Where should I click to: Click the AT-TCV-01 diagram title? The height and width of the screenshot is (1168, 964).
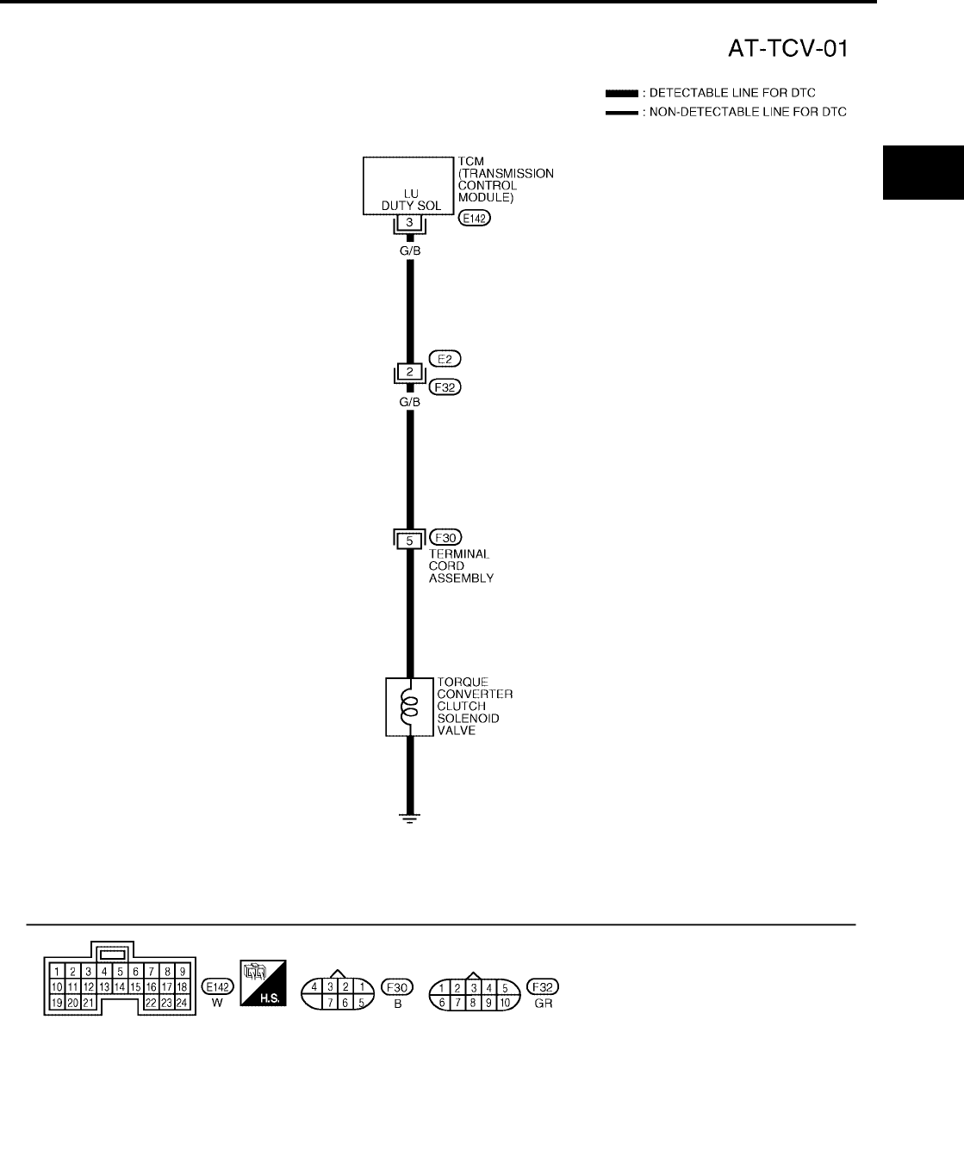tap(787, 48)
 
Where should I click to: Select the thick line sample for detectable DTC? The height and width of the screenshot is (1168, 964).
tap(620, 93)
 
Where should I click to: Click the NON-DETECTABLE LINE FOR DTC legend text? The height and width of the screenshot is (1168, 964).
tap(748, 112)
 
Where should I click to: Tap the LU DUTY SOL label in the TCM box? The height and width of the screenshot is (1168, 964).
tap(411, 200)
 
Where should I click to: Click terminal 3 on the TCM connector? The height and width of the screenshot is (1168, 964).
tap(410, 222)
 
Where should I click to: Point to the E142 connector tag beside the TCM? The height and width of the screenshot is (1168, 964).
tap(474, 219)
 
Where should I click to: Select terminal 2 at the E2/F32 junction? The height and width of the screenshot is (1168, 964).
tap(410, 373)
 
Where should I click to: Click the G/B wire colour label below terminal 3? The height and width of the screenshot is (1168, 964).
tap(410, 250)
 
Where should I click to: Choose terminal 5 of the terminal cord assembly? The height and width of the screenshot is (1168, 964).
tap(410, 541)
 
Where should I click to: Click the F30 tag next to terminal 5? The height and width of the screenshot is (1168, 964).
tap(445, 539)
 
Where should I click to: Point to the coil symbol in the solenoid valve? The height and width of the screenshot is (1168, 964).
tap(410, 707)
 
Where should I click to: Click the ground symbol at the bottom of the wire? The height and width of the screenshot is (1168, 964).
tap(410, 819)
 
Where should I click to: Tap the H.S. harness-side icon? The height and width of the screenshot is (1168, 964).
tap(263, 988)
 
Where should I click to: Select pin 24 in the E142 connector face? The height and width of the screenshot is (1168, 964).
tap(182, 1003)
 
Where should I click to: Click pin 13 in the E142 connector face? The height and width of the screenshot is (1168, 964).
tap(104, 987)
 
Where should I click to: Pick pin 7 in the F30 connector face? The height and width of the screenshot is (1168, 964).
tap(331, 1003)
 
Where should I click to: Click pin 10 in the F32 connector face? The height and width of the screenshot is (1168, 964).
tap(506, 1003)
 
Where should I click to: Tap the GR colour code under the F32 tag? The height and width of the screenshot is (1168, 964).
tap(544, 1004)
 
